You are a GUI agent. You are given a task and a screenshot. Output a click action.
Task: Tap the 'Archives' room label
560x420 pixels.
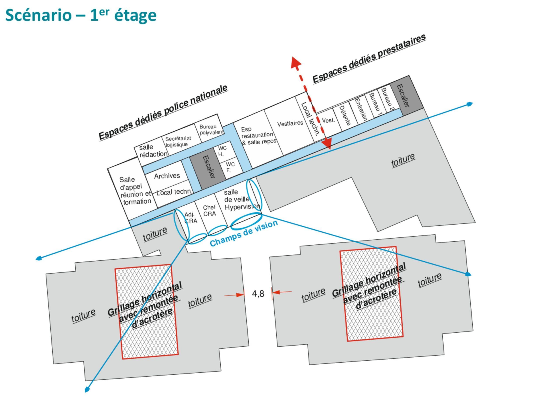[x=167, y=176]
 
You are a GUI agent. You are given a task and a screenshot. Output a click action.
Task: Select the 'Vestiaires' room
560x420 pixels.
[x=290, y=124]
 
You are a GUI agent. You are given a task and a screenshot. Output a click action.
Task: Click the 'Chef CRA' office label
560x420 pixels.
[x=210, y=211]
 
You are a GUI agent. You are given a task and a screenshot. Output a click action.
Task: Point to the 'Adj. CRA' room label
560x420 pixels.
[x=190, y=218]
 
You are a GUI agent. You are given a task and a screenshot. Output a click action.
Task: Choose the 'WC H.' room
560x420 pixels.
[x=222, y=151]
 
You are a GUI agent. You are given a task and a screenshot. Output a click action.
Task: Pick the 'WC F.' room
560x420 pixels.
[x=230, y=167]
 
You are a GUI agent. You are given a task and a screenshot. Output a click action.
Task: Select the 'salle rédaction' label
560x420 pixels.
[x=153, y=151]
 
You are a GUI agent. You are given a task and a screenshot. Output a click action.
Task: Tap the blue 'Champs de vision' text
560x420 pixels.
[x=244, y=233]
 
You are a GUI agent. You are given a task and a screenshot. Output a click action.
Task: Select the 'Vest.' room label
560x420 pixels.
[x=328, y=120]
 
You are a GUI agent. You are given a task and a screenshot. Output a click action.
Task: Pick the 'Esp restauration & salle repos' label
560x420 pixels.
[x=258, y=136]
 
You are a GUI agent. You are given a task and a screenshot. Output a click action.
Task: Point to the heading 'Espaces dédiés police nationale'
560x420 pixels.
[x=163, y=112]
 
